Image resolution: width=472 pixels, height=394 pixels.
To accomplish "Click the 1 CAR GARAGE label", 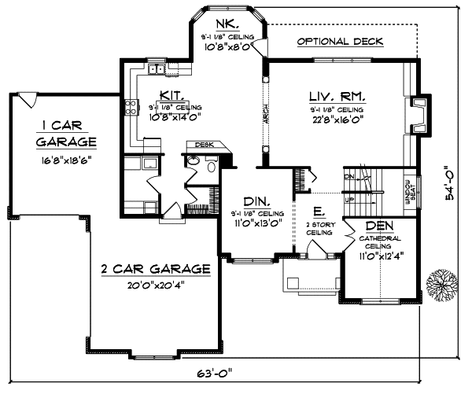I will coord(66,134).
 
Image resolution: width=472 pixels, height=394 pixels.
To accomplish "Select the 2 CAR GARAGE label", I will coord(156,269).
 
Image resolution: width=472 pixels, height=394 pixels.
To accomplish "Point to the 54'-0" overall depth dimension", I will coord(450,182).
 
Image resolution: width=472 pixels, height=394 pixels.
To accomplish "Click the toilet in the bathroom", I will coord(194,161).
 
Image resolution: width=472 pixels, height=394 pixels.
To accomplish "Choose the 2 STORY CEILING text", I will coord(319,229).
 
